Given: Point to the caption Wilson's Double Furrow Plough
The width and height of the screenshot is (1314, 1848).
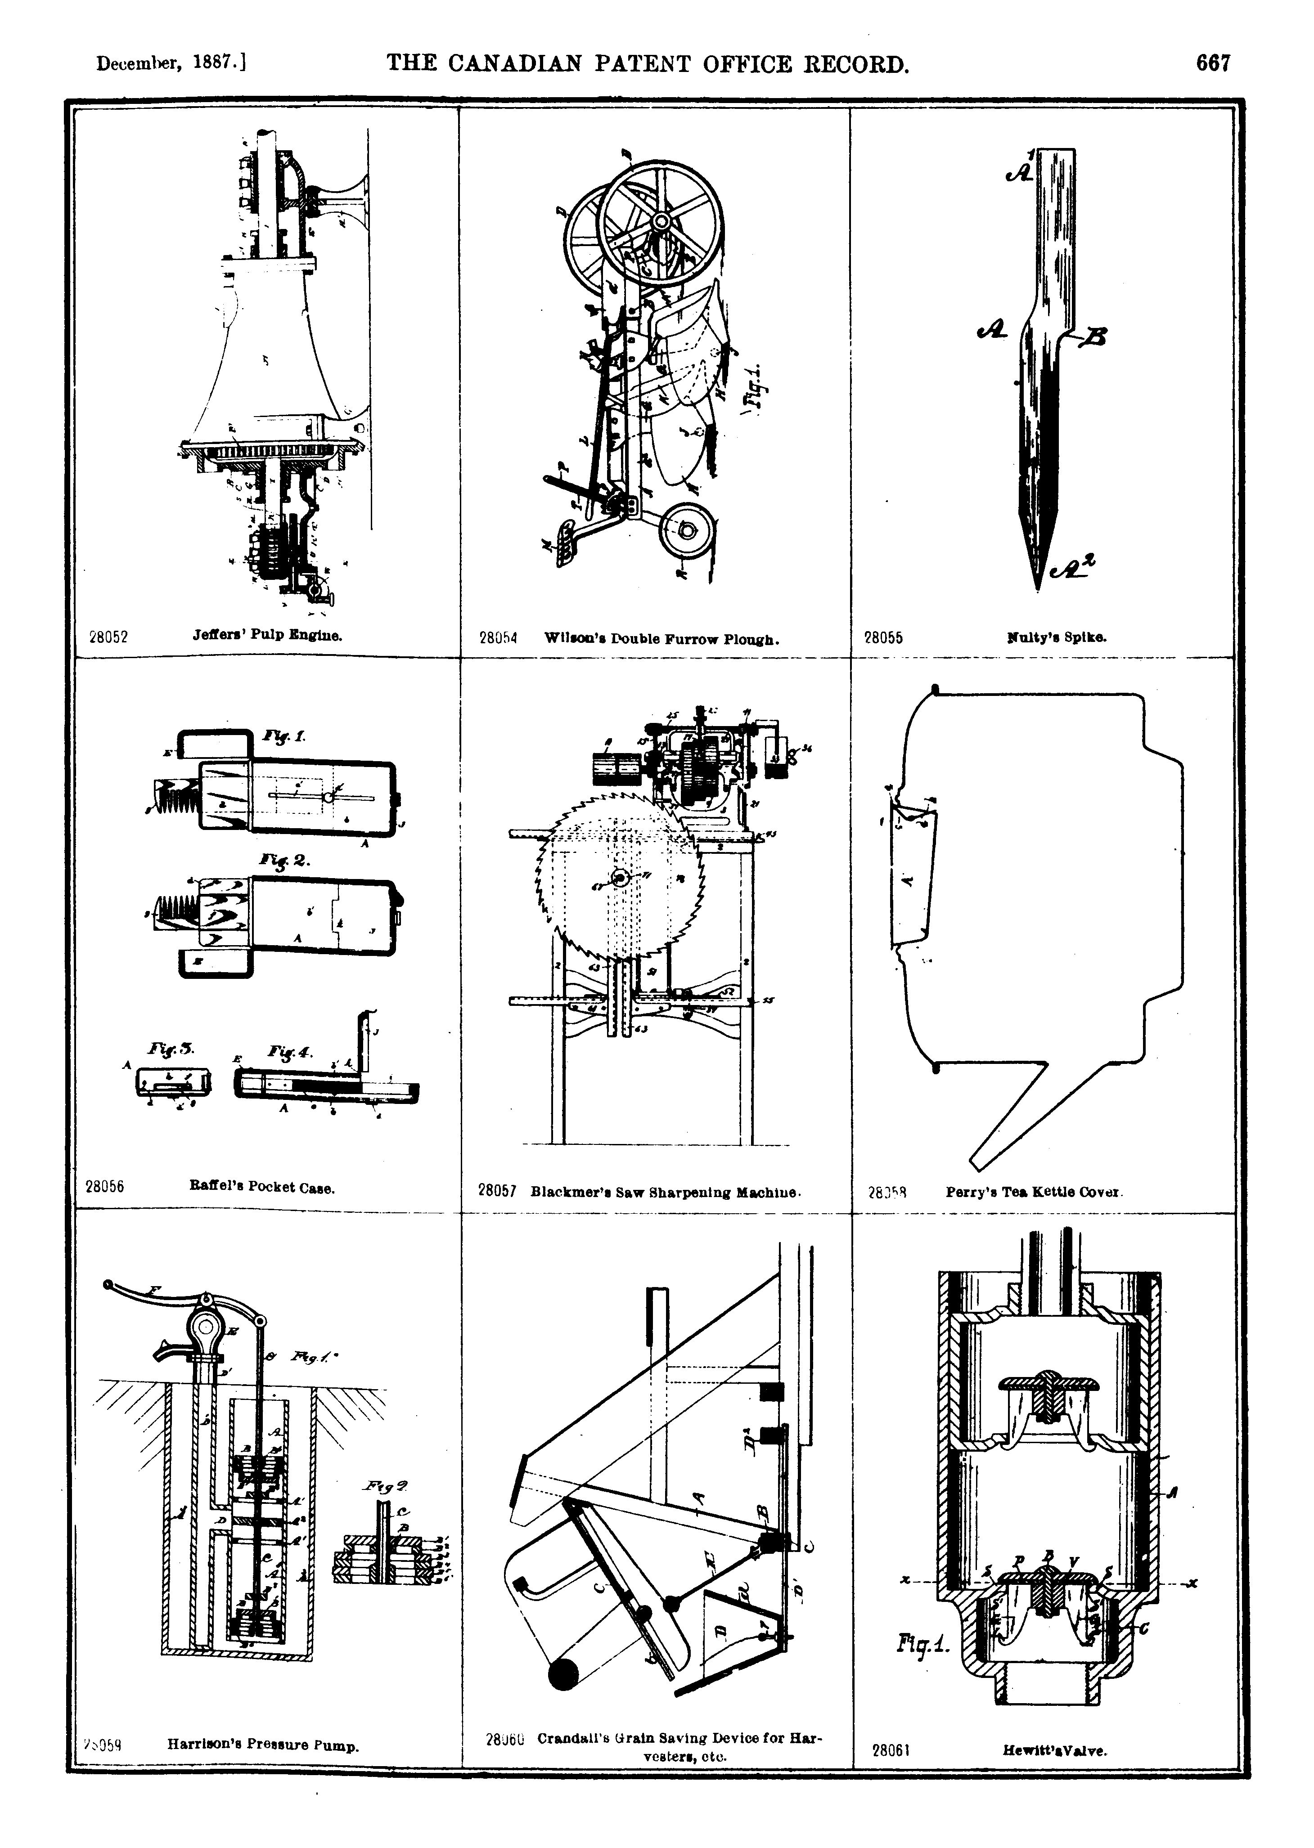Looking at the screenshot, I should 662,639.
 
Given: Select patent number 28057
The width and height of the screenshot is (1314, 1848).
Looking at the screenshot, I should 497,1190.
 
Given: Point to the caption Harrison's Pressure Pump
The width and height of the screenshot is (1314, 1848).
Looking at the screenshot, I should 263,1745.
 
